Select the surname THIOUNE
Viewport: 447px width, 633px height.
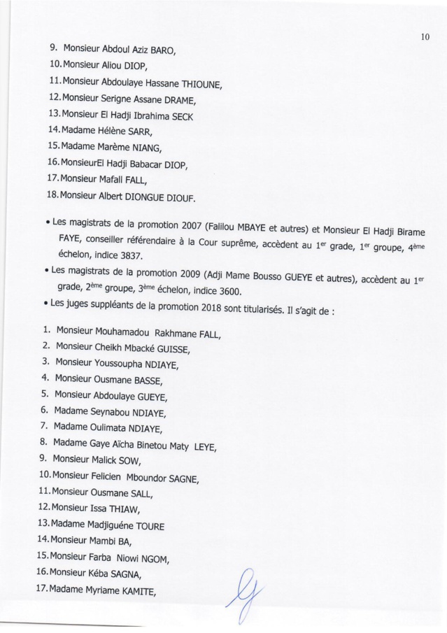[201, 85]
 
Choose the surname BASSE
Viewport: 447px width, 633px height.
[147, 381]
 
